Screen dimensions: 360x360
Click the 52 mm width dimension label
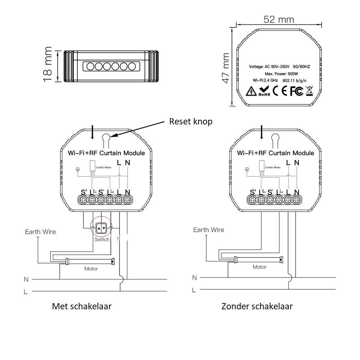(278, 19)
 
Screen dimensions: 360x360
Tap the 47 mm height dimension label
(225, 68)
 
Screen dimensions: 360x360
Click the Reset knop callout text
(191, 122)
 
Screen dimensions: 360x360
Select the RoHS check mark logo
(264, 91)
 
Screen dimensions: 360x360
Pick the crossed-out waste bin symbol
(309, 91)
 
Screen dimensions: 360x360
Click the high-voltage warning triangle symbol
(250, 92)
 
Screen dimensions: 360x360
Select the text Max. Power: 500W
(279, 73)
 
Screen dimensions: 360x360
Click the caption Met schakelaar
(82, 306)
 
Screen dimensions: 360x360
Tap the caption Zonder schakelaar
(257, 306)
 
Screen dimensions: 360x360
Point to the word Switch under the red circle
(102, 240)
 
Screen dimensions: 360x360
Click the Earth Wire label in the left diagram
(40, 232)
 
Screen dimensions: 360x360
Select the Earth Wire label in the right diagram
(209, 230)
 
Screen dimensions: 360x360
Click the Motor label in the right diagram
(259, 267)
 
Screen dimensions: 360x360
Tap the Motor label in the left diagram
(91, 269)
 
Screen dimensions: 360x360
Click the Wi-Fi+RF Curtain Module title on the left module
(106, 153)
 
